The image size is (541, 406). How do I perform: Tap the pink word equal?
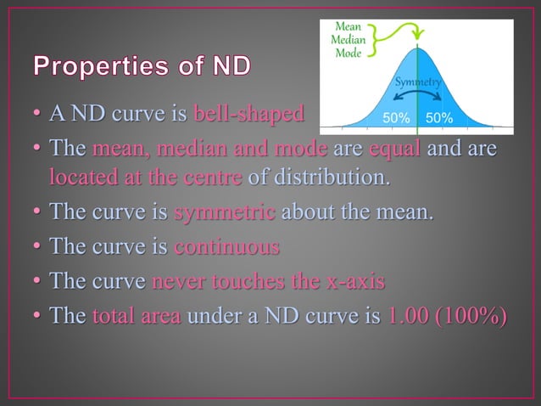(399, 149)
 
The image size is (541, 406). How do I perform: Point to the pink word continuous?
(226, 248)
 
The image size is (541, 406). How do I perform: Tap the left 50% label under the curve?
(396, 118)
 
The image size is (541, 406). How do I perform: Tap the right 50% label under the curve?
(438, 118)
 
